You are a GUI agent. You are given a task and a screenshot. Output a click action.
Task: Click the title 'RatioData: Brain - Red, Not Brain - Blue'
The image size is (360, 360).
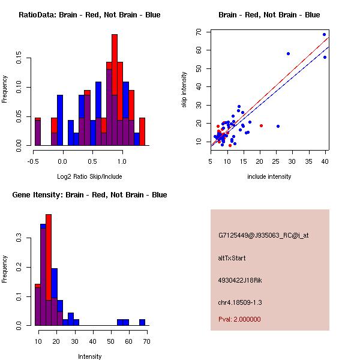coord(89,15)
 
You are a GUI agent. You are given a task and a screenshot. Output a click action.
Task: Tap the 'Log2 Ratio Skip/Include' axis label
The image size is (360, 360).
coord(89,176)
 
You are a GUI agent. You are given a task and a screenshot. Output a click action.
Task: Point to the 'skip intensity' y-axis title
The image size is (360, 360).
coord(184,90)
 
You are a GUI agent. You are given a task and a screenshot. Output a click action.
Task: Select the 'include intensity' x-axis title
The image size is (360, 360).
coord(270,176)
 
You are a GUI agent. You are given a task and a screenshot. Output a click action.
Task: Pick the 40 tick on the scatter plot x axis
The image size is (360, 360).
coord(325,161)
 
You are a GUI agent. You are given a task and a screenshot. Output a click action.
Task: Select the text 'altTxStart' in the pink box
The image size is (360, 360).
coord(232,258)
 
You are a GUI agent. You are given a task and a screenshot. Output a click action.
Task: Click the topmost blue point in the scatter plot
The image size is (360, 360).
coord(324,34)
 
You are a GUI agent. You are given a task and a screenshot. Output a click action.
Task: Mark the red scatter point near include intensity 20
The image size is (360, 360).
coord(261,125)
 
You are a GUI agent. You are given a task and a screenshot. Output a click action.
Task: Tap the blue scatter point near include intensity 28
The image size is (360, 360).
coord(288,53)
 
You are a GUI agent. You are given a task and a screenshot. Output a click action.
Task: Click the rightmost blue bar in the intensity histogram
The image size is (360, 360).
coord(142,322)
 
